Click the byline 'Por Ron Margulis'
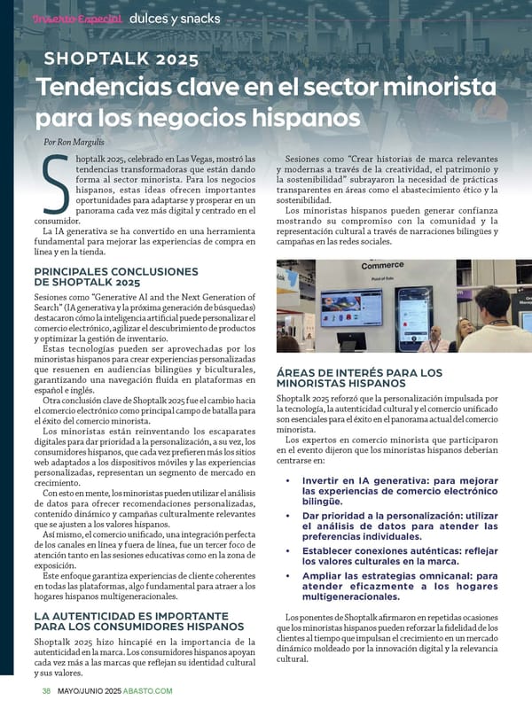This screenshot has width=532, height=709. point(74,141)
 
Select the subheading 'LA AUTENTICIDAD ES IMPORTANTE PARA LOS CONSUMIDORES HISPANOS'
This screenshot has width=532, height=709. point(138,620)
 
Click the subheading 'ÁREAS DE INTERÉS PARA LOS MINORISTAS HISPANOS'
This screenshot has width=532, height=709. point(359,378)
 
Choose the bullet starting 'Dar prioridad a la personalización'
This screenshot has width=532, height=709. point(399,526)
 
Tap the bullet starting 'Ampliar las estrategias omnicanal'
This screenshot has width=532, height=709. point(399,587)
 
